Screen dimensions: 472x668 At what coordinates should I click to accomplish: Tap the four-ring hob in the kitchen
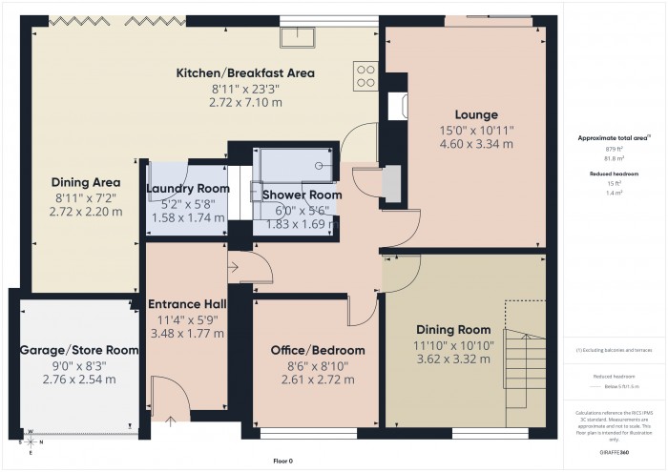365,74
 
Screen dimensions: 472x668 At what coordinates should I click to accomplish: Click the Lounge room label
476,114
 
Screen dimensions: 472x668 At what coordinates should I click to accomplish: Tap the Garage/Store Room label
79,350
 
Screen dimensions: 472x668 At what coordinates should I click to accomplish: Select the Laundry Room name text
187,189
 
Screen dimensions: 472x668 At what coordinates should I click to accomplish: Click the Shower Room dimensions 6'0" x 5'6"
296,210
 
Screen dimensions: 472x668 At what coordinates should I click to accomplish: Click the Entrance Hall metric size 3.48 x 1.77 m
186,334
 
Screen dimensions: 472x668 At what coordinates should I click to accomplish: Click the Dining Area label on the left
85,181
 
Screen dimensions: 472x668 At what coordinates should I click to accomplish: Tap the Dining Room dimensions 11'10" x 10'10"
453,344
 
